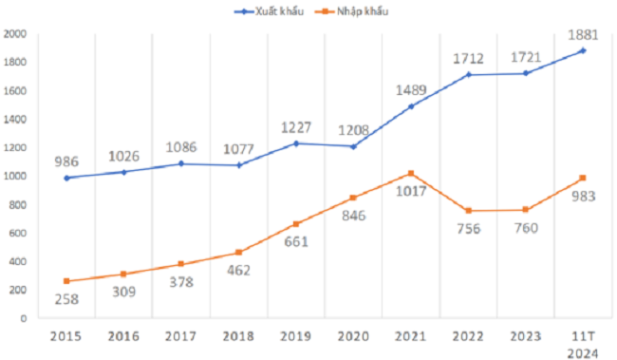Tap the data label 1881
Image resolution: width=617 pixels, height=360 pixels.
coord(582,32)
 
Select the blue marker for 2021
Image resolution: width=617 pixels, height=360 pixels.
coord(410,106)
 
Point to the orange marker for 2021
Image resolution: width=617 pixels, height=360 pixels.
coord(410,173)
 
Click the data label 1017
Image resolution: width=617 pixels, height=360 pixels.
coord(410,193)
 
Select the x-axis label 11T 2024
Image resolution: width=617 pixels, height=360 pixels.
coord(582,344)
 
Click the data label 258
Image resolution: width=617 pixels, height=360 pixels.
coord(67,300)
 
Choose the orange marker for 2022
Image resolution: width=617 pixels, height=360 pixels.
coord(468,211)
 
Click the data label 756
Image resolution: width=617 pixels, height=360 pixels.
coord(468,229)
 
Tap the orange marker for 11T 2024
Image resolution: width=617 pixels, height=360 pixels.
coord(582,178)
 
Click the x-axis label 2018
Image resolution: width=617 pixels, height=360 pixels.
coord(239,337)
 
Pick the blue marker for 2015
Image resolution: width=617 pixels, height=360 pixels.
coord(67,178)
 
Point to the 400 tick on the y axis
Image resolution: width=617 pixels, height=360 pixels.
coord(17,262)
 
